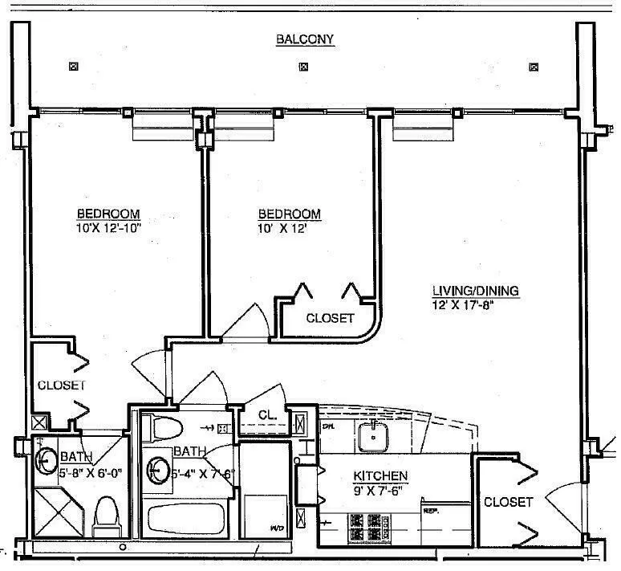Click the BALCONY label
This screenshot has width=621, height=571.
(x=304, y=39)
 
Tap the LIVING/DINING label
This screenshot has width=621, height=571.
(x=476, y=291)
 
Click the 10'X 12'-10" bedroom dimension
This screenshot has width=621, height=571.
(x=108, y=227)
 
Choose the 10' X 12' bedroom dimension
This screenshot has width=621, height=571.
(x=289, y=227)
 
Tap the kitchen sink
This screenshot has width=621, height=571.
(x=373, y=436)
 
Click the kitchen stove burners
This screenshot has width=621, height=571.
(x=368, y=526)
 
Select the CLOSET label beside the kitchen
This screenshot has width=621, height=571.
(x=508, y=502)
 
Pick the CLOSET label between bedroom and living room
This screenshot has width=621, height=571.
(x=330, y=318)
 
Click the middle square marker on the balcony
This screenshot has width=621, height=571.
(x=303, y=67)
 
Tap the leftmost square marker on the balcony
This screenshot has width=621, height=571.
(x=74, y=67)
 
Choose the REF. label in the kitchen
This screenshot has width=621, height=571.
(x=431, y=510)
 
